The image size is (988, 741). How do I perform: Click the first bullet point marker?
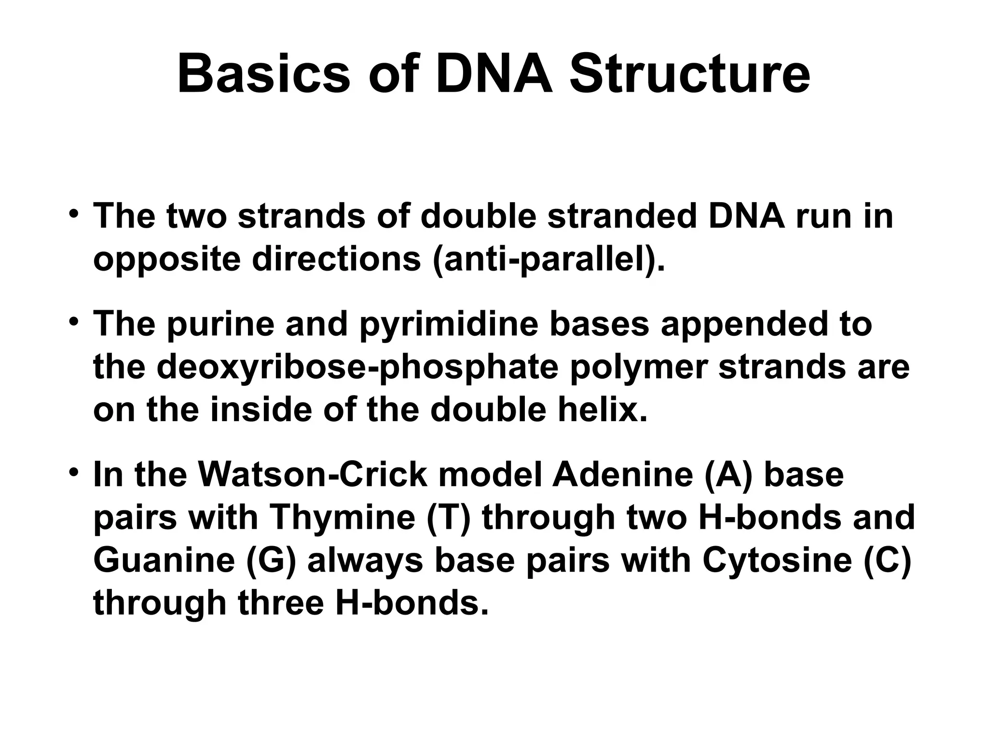coord(73,214)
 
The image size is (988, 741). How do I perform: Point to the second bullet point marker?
coord(73,322)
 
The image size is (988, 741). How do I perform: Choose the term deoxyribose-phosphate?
coord(357,368)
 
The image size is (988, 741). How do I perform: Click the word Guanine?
coord(164,561)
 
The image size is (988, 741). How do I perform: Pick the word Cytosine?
coord(777,561)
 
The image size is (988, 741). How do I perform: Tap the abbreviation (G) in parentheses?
coord(271,562)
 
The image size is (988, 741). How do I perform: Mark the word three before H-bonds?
coord(280,603)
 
